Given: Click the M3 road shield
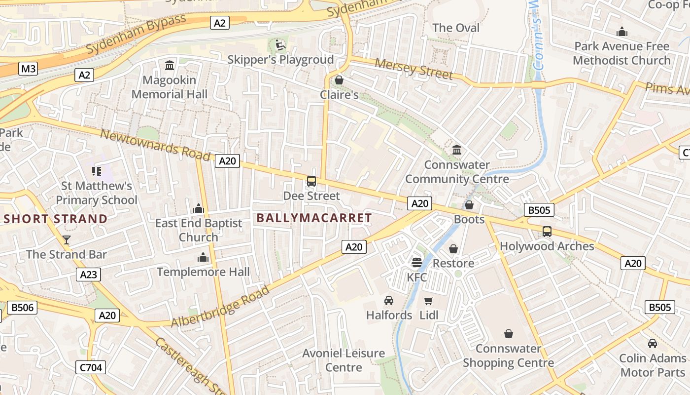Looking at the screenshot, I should click(28, 69).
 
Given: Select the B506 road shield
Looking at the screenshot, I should click(23, 308).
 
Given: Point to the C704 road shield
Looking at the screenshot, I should click(91, 367).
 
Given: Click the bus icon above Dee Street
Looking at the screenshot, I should click(311, 181).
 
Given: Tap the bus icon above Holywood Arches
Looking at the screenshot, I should click(547, 231).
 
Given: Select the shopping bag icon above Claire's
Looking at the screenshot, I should click(339, 80).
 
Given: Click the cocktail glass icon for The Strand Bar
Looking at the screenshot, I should click(67, 240).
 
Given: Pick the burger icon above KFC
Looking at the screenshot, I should click(417, 262).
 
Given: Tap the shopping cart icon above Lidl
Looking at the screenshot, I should click(429, 301).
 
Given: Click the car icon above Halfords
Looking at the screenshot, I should click(389, 300).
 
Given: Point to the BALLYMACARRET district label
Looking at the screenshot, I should click(314, 218).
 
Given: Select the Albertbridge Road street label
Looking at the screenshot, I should click(221, 306).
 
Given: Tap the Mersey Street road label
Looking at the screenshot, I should click(414, 69).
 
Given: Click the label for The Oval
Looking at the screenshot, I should click(456, 28).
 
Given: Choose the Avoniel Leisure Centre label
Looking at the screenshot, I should click(344, 360).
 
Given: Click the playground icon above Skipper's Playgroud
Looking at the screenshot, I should click(280, 45).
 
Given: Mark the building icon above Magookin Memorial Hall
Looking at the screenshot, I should click(170, 65).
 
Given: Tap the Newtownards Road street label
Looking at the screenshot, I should click(156, 145).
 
